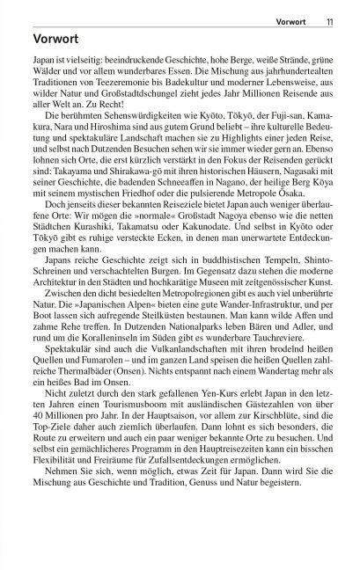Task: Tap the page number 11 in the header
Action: pos(328,11)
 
